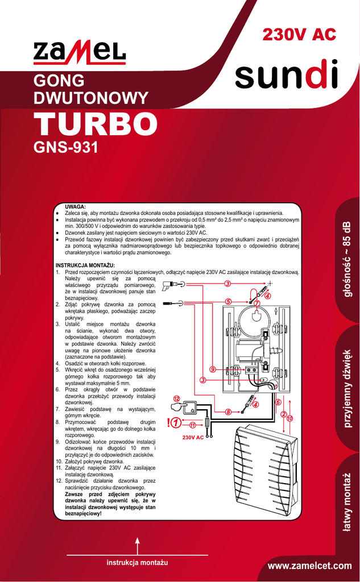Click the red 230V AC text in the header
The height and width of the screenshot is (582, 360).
tap(299, 35)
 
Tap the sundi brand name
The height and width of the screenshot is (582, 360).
tap(287, 74)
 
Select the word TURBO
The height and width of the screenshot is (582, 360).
tap(96, 123)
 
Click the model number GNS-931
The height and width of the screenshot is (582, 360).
tap(66, 148)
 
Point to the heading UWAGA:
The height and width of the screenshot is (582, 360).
tap(76, 207)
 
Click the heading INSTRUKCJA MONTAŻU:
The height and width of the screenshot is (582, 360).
tap(85, 265)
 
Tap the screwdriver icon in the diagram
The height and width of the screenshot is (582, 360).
tap(173, 304)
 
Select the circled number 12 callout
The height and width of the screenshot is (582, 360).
tap(177, 399)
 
